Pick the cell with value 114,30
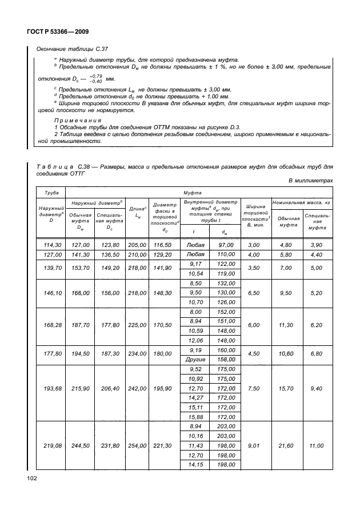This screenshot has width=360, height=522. (49, 245)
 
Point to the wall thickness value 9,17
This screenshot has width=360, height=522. (197, 264)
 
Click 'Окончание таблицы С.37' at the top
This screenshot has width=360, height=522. (68, 49)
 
